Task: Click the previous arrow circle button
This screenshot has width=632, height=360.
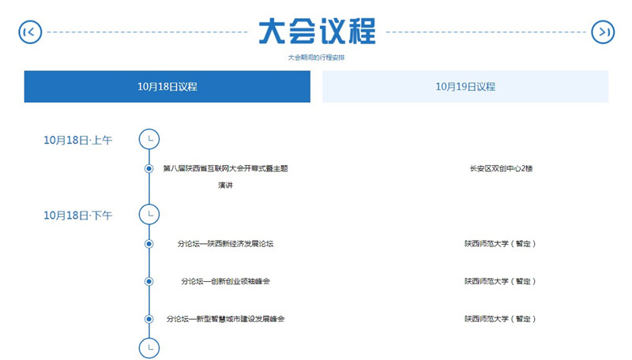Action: (30, 32)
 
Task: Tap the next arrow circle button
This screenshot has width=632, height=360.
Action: (603, 32)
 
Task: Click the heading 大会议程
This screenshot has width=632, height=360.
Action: (317, 32)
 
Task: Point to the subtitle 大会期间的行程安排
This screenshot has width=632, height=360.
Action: (317, 58)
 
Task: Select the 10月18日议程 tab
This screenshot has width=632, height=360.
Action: (167, 87)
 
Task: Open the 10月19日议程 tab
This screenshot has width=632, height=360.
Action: (465, 87)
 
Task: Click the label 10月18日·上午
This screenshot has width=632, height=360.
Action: (77, 141)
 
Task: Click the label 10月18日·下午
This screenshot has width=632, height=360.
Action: (77, 216)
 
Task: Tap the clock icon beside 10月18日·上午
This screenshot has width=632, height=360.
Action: (149, 139)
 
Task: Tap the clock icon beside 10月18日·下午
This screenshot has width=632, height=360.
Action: (149, 214)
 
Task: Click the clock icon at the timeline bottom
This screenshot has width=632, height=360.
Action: (149, 348)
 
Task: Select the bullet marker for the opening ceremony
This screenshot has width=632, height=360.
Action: (149, 168)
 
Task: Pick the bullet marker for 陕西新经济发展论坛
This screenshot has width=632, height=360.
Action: (149, 244)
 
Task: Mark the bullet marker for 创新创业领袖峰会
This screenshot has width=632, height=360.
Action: (149, 281)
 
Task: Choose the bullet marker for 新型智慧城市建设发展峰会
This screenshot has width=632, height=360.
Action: (149, 319)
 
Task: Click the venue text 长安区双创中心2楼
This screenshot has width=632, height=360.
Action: (501, 168)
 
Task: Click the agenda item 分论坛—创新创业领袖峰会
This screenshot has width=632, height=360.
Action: (225, 281)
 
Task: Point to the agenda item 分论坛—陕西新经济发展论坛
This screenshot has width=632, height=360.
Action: (225, 244)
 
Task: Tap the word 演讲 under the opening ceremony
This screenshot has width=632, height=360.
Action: (225, 186)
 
